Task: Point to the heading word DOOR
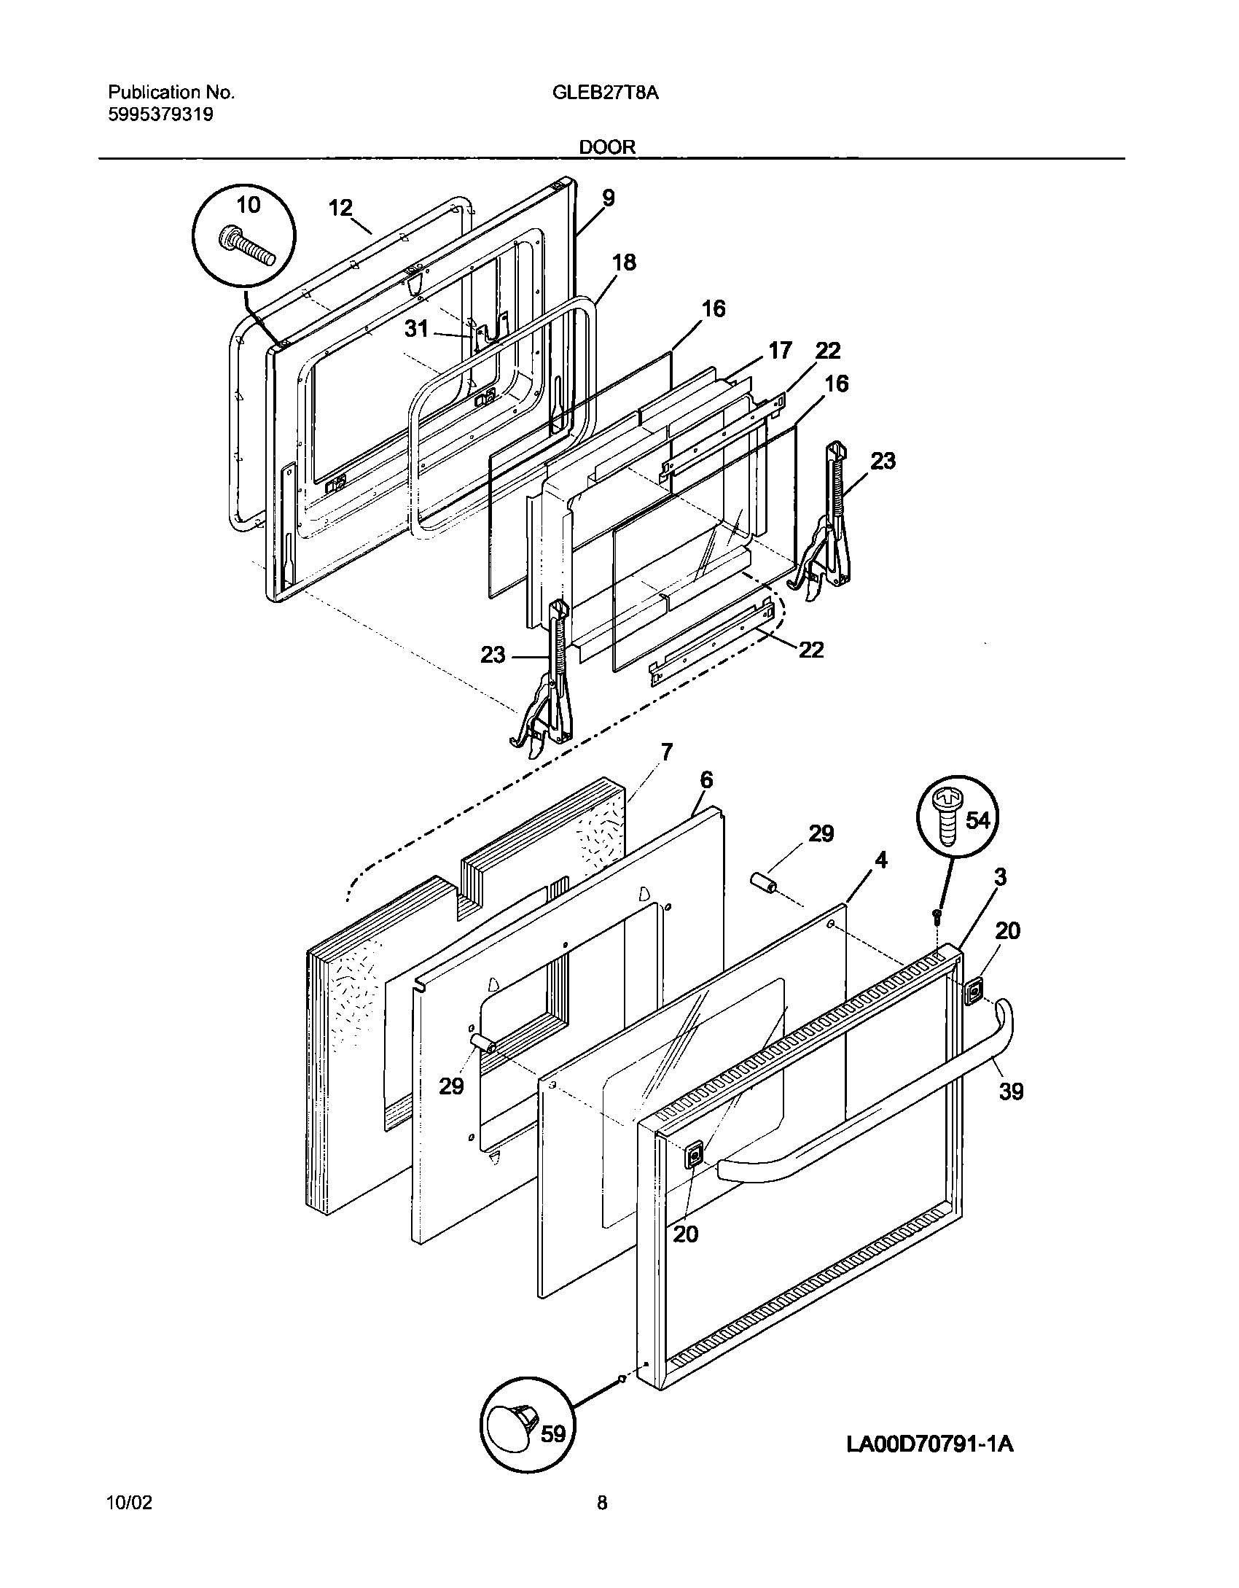607,147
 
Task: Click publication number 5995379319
160,114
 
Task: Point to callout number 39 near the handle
1011,1112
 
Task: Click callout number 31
417,329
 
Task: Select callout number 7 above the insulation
666,751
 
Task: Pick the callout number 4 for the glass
881,860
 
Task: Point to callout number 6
706,779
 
